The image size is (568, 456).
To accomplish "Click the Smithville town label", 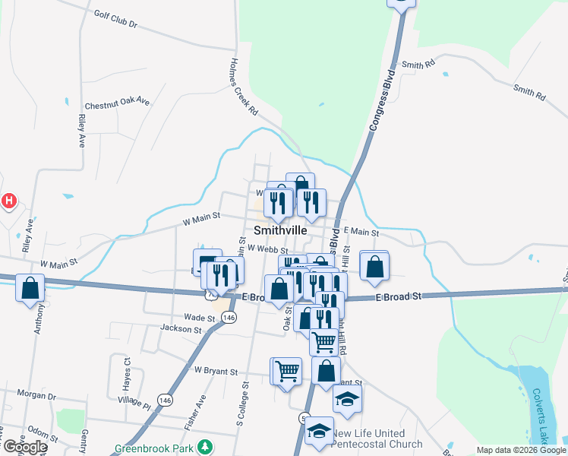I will point(280,230).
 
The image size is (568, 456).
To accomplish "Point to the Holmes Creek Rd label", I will point(245,87).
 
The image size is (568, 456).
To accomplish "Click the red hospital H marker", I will point(8,201).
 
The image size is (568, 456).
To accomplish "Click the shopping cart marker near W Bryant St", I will point(287,371).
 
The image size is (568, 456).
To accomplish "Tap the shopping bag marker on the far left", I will point(30,288).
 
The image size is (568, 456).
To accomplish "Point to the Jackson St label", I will point(181,329).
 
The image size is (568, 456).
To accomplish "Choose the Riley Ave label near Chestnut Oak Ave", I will point(80,131).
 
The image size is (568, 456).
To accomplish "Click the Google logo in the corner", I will point(25,447).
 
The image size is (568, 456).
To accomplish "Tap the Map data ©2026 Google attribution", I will point(521,450).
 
